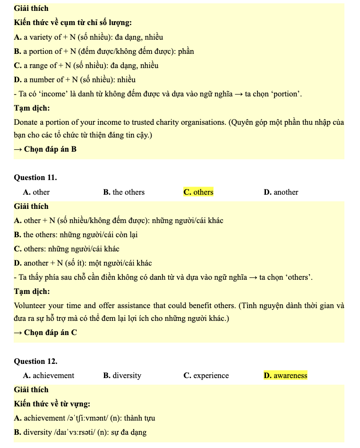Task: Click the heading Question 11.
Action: [35, 178]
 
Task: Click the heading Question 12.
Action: [35, 362]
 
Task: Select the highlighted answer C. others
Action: [198, 192]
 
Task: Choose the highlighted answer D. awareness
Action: [285, 376]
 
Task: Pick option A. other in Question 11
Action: [36, 192]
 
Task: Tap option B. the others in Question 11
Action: [124, 192]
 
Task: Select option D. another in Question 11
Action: [281, 192]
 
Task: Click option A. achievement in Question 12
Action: [49, 376]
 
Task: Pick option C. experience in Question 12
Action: [206, 376]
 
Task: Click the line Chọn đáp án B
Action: [45, 149]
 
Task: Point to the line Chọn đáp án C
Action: [45, 333]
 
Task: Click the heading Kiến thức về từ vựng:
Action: [52, 404]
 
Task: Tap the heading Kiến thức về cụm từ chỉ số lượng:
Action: [73, 23]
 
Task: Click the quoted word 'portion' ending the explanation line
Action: [286, 94]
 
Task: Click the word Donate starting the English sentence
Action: [26, 122]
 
